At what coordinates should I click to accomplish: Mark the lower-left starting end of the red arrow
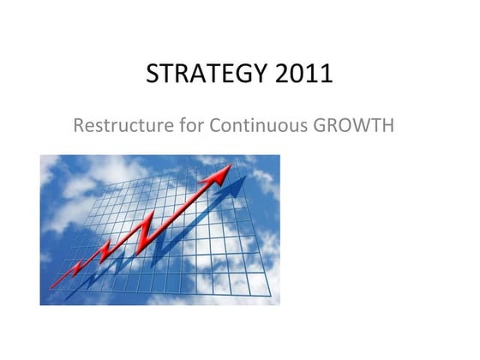pyautogui.click(x=51, y=285)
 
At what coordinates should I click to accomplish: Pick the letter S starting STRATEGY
pyautogui.click(x=153, y=75)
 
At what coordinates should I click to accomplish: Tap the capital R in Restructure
pyautogui.click(x=80, y=125)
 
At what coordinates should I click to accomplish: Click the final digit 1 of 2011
pyautogui.click(x=327, y=75)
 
